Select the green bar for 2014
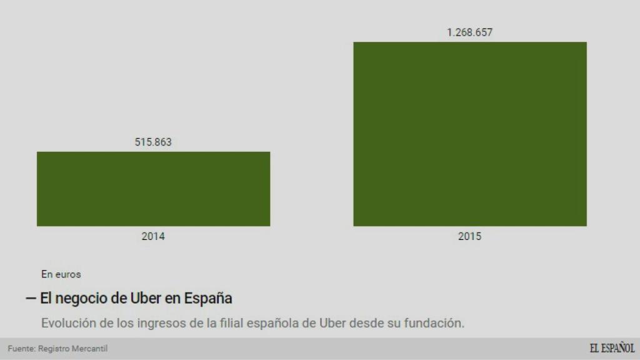[x=153, y=188]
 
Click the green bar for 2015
[x=469, y=134]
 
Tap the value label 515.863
[x=153, y=142]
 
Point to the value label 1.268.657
[x=469, y=32]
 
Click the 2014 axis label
[x=153, y=236]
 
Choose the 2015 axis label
[x=469, y=236]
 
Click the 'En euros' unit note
[x=61, y=274]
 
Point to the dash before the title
[x=31, y=298]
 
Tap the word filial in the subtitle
[x=232, y=324]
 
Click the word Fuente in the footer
[x=21, y=348]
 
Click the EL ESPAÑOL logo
[x=612, y=348]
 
